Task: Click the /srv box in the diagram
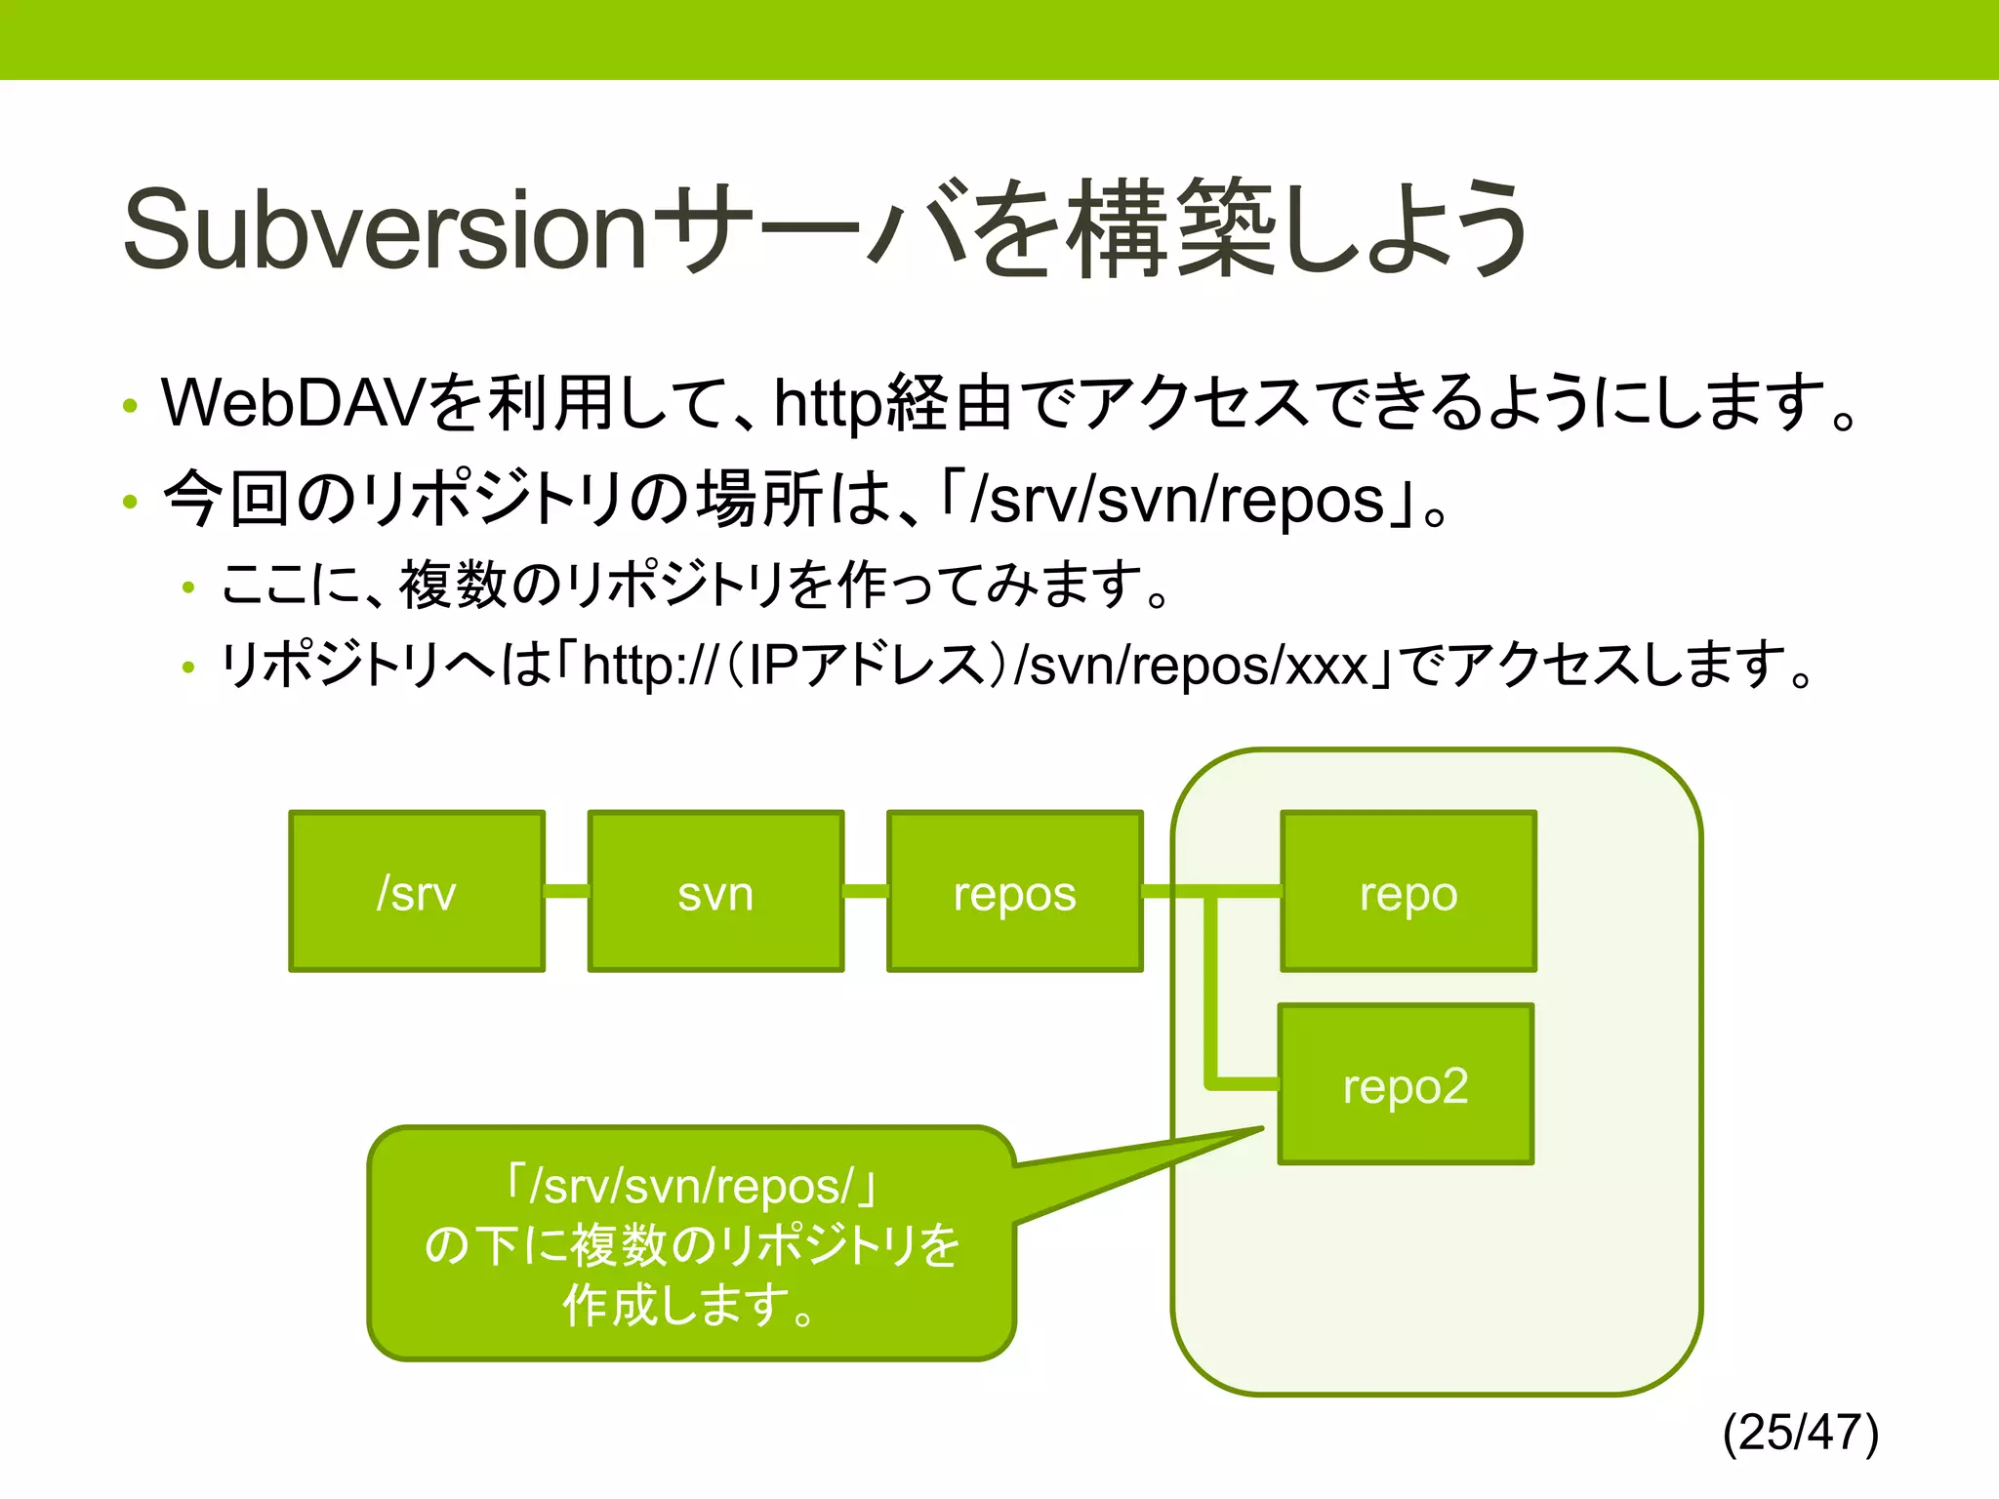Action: pos(417,891)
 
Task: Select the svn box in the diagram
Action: pos(715,891)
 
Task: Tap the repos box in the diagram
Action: pos(1014,891)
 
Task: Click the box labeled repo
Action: pos(1408,891)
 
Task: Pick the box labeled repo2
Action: pos(1406,1084)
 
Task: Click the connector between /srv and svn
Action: pos(566,891)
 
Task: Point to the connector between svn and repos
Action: pos(865,891)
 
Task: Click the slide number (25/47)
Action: pos(1800,1433)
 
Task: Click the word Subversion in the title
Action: pos(386,231)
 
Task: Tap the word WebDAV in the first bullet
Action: pos(293,403)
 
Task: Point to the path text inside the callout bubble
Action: pos(691,1186)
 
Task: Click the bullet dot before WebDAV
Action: pos(130,405)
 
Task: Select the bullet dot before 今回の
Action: pos(130,502)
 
